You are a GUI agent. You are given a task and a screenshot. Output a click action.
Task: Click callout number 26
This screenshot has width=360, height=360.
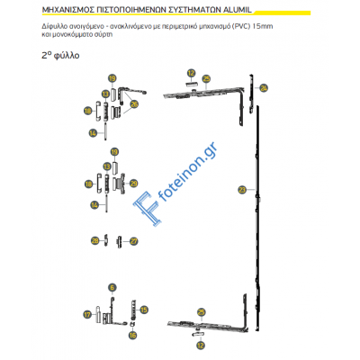(x=135, y=104)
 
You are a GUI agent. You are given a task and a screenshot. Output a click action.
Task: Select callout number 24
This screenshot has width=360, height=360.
(x=263, y=88)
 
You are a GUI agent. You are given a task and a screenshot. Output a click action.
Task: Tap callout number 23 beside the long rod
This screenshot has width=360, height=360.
(x=241, y=189)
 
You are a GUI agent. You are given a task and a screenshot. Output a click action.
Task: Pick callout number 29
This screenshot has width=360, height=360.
(x=134, y=184)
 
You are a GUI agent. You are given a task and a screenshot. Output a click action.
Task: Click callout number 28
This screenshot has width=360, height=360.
(x=94, y=241)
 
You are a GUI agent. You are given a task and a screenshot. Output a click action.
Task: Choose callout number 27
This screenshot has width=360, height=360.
(x=133, y=241)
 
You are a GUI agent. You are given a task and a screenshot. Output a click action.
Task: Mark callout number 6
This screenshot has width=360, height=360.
(x=112, y=288)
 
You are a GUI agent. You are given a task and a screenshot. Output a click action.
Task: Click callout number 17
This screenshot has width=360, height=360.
(x=87, y=315)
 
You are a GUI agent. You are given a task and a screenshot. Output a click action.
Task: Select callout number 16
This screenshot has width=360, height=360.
(x=131, y=335)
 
